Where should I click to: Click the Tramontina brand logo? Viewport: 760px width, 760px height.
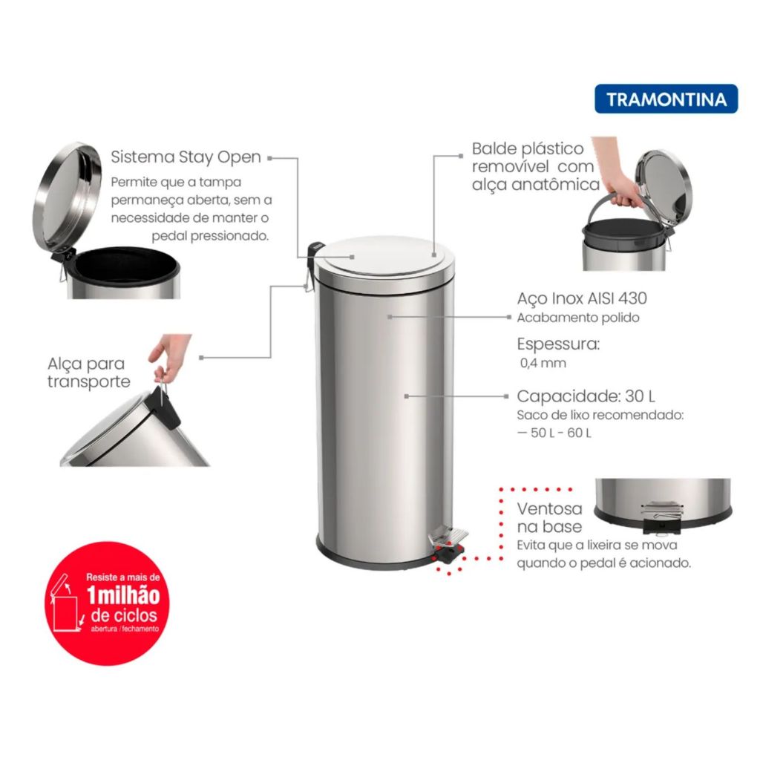(x=666, y=99)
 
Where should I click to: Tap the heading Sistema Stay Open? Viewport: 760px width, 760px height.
(x=186, y=157)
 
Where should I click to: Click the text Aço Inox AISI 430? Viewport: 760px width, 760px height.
(x=582, y=298)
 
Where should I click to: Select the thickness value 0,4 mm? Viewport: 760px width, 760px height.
(x=543, y=363)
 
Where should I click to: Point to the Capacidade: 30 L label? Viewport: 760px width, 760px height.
(x=586, y=396)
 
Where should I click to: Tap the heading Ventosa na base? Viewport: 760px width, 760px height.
(x=550, y=517)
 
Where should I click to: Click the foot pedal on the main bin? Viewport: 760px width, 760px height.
(x=448, y=542)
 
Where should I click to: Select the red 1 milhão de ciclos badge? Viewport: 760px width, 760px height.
(x=108, y=603)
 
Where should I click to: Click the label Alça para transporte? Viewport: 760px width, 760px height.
(x=89, y=373)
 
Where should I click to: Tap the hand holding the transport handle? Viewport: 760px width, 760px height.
(x=168, y=356)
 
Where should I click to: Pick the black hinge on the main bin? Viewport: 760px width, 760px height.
(x=315, y=252)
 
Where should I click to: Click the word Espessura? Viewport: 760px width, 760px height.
(x=558, y=344)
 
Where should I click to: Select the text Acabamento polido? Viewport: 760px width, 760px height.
(x=577, y=318)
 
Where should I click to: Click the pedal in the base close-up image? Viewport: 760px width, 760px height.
(x=661, y=517)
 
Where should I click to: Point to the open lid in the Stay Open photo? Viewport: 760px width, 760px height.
(x=67, y=197)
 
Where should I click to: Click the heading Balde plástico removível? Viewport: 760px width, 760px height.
(x=528, y=157)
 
